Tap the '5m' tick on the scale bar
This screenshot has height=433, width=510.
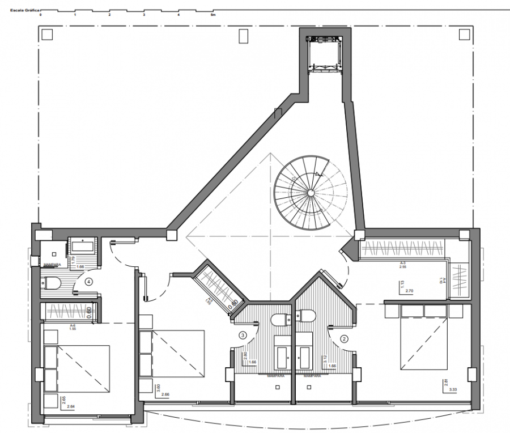click(212, 15)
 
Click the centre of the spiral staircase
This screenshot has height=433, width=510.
click(311, 193)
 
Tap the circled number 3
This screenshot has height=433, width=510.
click(243, 336)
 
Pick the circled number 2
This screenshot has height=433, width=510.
click(344, 339)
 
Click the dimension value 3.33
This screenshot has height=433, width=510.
click(453, 390)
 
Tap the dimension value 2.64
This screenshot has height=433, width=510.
click(71, 406)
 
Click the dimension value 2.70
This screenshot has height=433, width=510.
click(410, 291)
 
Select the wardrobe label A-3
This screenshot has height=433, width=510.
click(402, 264)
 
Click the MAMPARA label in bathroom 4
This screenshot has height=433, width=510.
click(50, 264)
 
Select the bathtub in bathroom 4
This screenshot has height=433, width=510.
click(83, 245)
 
